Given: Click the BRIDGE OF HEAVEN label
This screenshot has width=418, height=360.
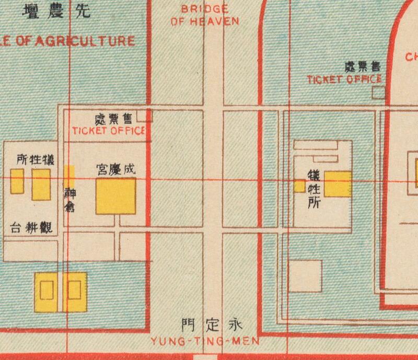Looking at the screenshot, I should (x=204, y=16).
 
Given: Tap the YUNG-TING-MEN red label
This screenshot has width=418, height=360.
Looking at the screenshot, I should (x=205, y=342).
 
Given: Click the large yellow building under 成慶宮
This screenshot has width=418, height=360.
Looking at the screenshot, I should (x=116, y=196).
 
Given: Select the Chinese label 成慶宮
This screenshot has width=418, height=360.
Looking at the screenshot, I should (x=116, y=169).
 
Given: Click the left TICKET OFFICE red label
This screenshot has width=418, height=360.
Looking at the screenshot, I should (x=108, y=131).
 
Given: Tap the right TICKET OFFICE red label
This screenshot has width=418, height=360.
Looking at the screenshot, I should (x=344, y=79).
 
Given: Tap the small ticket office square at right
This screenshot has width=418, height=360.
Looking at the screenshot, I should (x=379, y=93).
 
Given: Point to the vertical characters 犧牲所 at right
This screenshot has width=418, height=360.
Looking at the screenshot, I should (x=313, y=189).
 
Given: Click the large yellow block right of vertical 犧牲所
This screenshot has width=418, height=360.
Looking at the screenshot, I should (x=338, y=184).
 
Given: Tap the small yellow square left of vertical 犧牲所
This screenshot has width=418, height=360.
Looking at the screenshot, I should (x=299, y=185).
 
